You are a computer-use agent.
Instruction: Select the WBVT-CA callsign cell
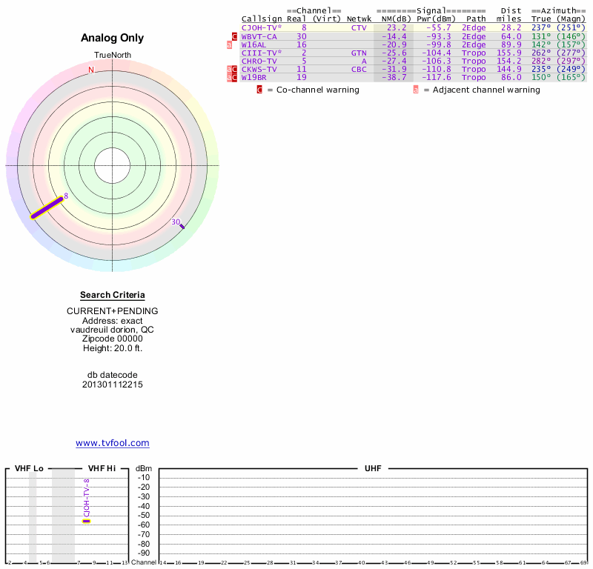(259, 36)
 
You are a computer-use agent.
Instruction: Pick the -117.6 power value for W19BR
(433, 77)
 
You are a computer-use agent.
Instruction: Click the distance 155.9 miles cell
(509, 53)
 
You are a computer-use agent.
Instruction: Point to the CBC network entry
(359, 69)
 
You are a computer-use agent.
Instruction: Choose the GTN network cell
(359, 53)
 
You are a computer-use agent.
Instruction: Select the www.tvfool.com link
(113, 443)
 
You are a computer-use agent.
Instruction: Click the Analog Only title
(112, 38)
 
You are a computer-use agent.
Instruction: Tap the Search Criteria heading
(113, 295)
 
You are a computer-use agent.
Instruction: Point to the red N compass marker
(91, 70)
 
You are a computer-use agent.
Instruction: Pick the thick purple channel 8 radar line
(47, 207)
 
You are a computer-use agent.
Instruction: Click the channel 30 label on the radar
(176, 222)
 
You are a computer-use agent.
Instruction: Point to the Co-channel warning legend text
(314, 90)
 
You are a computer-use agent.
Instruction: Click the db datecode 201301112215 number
(113, 385)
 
